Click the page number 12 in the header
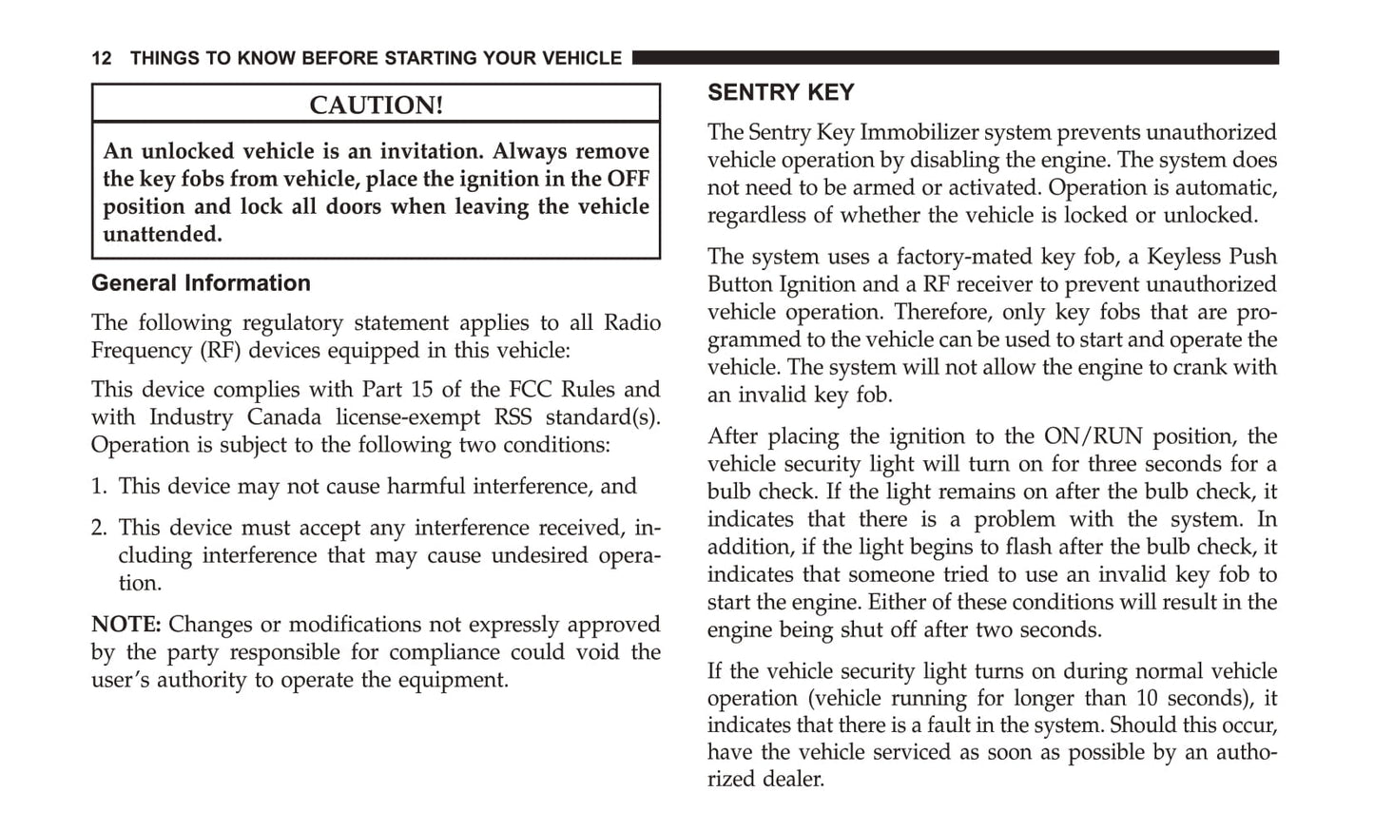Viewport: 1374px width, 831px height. (101, 58)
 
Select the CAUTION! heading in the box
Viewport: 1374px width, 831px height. (376, 105)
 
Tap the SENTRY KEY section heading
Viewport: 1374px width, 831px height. (781, 92)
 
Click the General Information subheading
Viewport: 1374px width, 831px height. (201, 283)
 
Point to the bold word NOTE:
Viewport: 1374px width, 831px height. (126, 625)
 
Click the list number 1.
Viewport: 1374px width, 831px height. (98, 487)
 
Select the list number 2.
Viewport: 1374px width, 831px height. (99, 528)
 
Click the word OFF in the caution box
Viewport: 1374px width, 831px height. (629, 179)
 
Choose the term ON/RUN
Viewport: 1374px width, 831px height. (1092, 436)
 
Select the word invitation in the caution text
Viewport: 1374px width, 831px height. (430, 151)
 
